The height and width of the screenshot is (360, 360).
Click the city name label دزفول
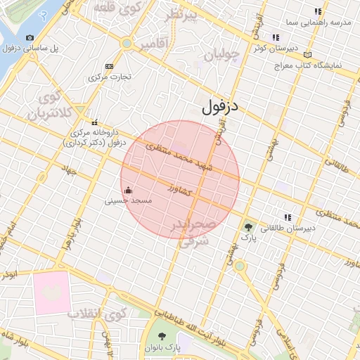coord(220,107)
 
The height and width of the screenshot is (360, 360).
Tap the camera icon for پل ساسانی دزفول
coord(30,37)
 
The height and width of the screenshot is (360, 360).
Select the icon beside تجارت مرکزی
coord(108,65)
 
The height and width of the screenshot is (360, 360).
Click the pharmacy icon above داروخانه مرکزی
coord(95,122)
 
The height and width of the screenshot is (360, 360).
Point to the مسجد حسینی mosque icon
coord(128,190)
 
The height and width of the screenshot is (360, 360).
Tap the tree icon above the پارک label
coord(248,226)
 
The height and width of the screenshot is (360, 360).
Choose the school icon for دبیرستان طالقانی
coord(287,217)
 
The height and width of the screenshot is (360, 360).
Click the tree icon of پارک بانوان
coord(163,336)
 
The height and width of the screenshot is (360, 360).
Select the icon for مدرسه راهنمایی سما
coord(319,11)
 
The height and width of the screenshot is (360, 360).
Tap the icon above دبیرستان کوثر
coord(276,37)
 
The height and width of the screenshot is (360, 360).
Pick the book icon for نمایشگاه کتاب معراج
coord(307,54)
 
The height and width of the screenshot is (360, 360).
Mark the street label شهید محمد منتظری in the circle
coord(179,155)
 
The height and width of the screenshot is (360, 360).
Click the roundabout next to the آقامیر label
coord(127,44)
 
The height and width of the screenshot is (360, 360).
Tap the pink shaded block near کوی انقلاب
coord(51,292)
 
